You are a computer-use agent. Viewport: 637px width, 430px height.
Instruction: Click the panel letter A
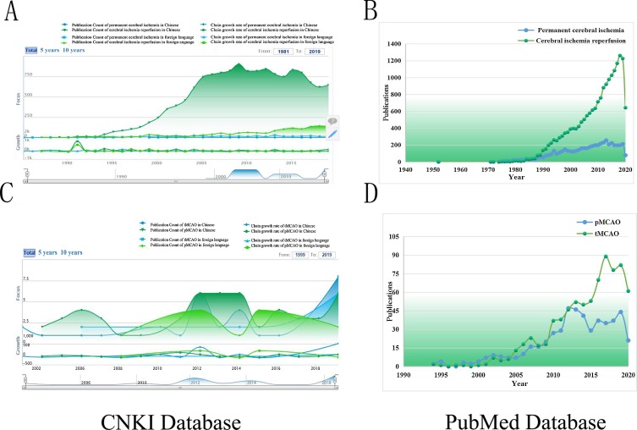point(11,13)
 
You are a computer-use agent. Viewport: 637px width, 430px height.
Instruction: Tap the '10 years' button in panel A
point(73,51)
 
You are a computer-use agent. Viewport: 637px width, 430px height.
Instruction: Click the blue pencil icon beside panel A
point(332,132)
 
